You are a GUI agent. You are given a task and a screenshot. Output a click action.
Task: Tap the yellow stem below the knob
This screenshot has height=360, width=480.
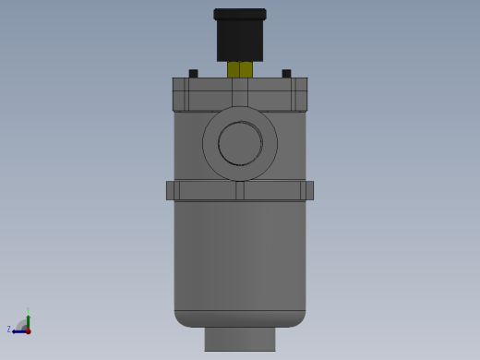pos(240,69)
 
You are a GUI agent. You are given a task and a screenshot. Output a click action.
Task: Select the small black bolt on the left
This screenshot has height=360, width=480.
pos(193,74)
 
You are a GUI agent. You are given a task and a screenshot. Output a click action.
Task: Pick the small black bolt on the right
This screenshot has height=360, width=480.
pos(286,74)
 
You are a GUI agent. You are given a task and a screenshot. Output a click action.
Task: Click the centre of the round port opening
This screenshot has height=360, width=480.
pos(240,143)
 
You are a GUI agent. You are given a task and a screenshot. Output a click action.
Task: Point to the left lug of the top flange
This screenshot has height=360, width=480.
pos(180,94)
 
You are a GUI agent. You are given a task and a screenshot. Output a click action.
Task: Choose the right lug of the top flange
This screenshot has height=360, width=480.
pos(300,94)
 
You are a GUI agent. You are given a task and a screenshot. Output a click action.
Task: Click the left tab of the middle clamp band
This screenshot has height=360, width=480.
pos(172,190)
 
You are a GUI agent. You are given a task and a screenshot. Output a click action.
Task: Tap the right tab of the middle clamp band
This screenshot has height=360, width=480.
pos(307,190)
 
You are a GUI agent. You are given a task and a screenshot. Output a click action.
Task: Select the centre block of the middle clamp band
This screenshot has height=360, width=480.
pos(240,190)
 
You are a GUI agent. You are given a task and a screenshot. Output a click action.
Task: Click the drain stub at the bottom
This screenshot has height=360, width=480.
pos(240,339)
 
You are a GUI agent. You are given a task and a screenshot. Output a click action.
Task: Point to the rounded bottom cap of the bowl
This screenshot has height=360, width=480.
pos(240,318)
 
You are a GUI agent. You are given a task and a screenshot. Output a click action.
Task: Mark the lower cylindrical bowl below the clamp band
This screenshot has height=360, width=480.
pos(240,254)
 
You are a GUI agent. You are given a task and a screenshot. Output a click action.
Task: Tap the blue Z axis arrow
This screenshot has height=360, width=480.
pos(18,330)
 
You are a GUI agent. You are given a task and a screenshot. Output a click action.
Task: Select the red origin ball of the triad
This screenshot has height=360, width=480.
pos(28,330)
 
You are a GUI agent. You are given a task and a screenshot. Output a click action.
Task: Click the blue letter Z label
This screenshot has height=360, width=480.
pos(9,330)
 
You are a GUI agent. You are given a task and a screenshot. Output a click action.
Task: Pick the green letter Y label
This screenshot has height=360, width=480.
pos(28,310)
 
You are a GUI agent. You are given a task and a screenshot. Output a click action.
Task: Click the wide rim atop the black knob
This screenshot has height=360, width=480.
pos(240,15)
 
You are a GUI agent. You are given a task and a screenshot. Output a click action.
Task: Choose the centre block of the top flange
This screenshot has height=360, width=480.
pos(240,94)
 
